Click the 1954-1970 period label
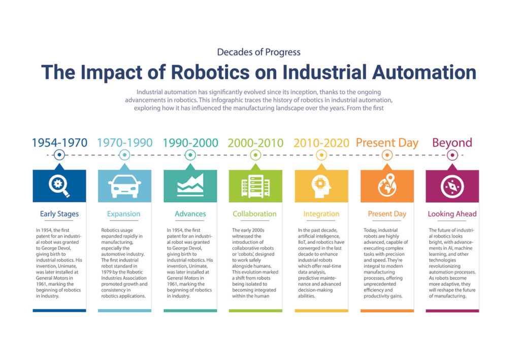click(x=59, y=143)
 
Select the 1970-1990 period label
click(x=124, y=143)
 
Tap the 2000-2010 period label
click(x=255, y=143)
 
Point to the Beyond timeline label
click(x=452, y=143)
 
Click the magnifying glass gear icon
click(x=59, y=186)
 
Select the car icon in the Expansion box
click(x=124, y=186)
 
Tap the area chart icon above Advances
click(x=190, y=185)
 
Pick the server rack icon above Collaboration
click(x=255, y=186)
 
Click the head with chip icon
click(x=321, y=186)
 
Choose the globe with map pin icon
click(x=387, y=186)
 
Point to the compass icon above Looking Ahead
click(x=452, y=186)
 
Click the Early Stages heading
click(x=59, y=214)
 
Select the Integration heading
click(x=321, y=214)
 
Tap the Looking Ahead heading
click(x=452, y=214)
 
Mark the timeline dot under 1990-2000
click(x=190, y=155)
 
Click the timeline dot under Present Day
click(x=387, y=155)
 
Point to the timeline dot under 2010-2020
click(x=321, y=155)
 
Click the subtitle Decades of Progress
click(x=258, y=52)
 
